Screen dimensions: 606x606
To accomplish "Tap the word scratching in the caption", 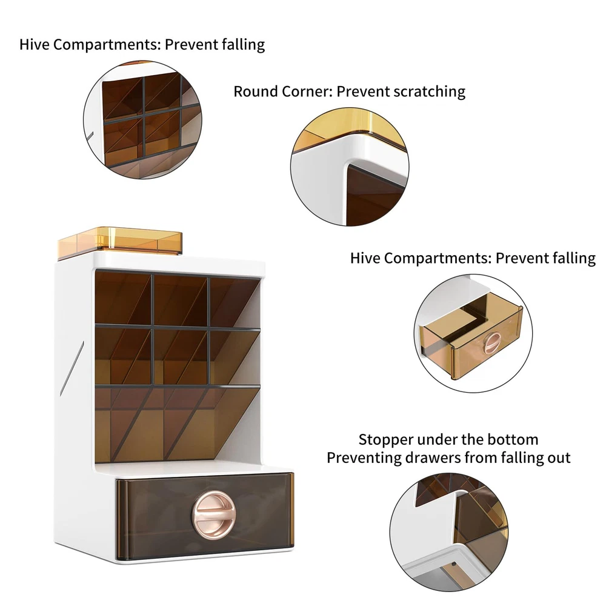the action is click(x=429, y=92).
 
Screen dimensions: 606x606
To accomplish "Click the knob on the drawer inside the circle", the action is click(x=492, y=343).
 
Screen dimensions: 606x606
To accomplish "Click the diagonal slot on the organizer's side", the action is click(x=72, y=368).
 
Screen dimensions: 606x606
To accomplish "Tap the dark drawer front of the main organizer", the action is click(x=205, y=516).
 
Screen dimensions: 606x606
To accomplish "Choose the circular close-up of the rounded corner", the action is click(x=350, y=167).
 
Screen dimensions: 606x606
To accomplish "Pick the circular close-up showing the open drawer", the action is click(x=473, y=333).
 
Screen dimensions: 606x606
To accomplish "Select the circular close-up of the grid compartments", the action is click(x=142, y=119).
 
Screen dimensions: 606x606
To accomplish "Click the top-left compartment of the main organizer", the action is click(x=123, y=298).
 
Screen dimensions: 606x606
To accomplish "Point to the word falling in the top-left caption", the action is click(x=243, y=45).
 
